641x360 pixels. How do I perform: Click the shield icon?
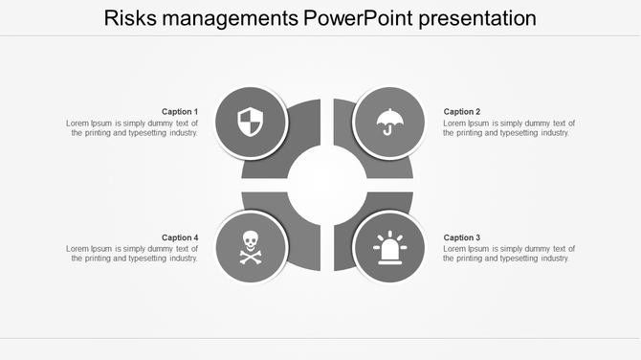point(251,123)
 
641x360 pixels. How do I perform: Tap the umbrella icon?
point(388,123)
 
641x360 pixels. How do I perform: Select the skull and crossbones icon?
point(251,248)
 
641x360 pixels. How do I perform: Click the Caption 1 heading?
point(180,112)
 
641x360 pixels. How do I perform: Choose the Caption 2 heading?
point(462,112)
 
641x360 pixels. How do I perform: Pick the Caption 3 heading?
point(462,237)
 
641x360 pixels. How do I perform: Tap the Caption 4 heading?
point(180,237)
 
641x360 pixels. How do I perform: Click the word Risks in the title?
point(129,18)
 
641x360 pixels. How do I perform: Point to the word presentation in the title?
point(475,18)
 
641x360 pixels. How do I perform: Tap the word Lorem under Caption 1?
point(77,124)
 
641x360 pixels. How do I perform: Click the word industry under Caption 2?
point(553,134)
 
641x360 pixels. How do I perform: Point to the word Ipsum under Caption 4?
point(103,248)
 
